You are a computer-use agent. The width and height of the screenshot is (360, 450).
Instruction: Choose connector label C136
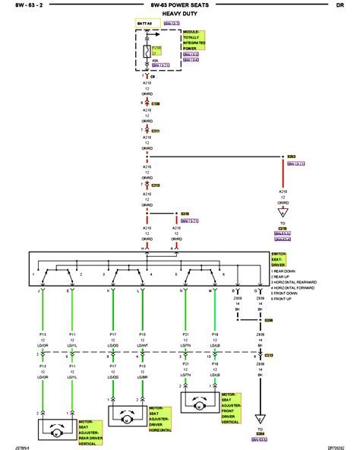coord(156,103)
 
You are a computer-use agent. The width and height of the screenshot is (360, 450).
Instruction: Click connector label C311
coord(156,130)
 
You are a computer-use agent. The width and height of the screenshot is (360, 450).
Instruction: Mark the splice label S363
coord(292,157)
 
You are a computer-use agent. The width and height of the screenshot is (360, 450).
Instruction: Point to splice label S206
coord(269,321)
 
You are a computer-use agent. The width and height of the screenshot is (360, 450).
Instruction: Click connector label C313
coord(269,354)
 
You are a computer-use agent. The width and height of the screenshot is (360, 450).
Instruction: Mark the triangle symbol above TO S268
coord(261,417)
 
